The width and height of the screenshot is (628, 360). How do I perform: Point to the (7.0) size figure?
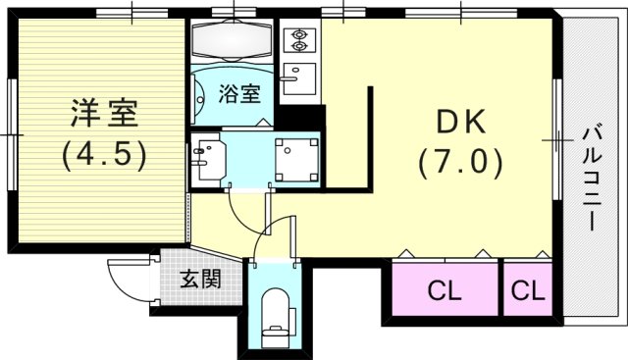point(460,160)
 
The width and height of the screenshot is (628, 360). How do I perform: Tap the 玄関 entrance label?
point(199,279)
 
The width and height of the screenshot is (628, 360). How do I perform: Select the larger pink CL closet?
point(445,291)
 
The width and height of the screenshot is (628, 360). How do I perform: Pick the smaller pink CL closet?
point(528,291)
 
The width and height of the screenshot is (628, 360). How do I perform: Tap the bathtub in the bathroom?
point(234,41)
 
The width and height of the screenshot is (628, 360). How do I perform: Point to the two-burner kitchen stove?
point(296,42)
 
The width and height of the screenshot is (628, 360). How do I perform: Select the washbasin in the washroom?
point(209,157)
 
